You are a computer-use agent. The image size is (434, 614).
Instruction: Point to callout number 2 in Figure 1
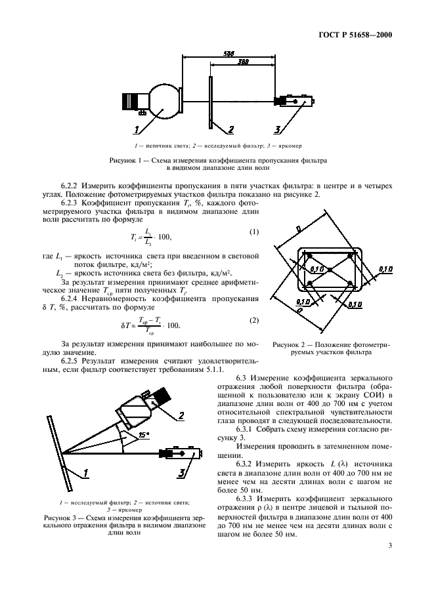pos(230,129)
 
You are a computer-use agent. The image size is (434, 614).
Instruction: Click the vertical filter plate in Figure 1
pos(209,102)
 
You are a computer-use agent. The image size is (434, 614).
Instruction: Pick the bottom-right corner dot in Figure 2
pos(350,283)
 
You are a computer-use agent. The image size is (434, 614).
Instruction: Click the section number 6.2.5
pos(73,361)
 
